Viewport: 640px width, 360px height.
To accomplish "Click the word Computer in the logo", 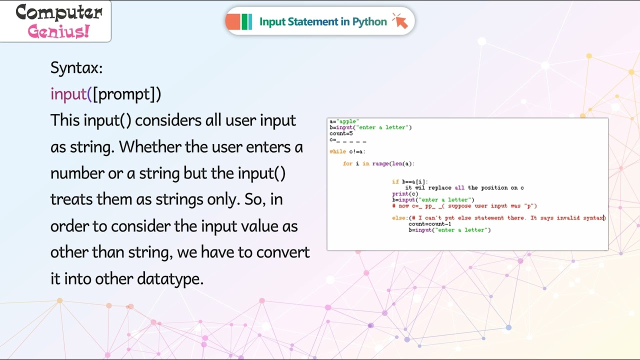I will [x=59, y=12].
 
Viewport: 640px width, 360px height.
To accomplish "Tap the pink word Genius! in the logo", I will [x=59, y=31].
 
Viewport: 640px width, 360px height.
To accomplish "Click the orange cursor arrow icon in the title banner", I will [x=400, y=21].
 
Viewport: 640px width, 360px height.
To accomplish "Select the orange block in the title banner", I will [x=233, y=21].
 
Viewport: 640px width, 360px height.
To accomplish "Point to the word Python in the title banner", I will [x=369, y=21].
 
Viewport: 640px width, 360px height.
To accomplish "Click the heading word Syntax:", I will [x=76, y=68].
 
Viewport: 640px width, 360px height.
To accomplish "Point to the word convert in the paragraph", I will [x=283, y=252].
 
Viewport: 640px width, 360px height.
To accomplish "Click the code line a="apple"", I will [x=344, y=121].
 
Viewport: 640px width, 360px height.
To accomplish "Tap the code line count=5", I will [x=341, y=133].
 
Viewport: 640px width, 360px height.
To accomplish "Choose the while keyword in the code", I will [x=337, y=151].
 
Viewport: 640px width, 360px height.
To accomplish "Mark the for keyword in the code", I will [x=347, y=163].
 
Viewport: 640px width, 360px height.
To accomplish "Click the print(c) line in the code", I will [x=405, y=194].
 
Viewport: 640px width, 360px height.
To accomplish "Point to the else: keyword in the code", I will [x=399, y=218].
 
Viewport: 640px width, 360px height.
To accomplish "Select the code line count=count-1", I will [x=429, y=224].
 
